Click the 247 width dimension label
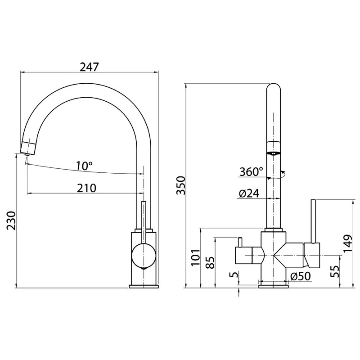pos(89,67)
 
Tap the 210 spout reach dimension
pos(86,188)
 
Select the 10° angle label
pos(84,166)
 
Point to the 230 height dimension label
pos(11,220)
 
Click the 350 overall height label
pos(180,185)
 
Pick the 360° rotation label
pos(251,171)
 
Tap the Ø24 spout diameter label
pos(249,193)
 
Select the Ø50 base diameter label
pos(300,276)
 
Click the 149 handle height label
pos(347,243)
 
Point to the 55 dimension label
pos(335,271)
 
